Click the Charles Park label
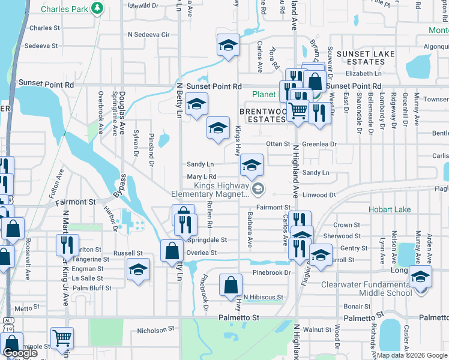click(x=64, y=9)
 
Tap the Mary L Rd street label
click(x=201, y=177)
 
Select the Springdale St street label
click(x=207, y=239)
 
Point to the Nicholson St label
click(x=155, y=329)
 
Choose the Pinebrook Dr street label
click(x=271, y=272)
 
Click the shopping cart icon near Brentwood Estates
click(x=298, y=110)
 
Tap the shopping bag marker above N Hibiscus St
click(x=231, y=285)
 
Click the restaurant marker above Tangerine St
click(x=67, y=244)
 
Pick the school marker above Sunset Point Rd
click(x=228, y=46)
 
